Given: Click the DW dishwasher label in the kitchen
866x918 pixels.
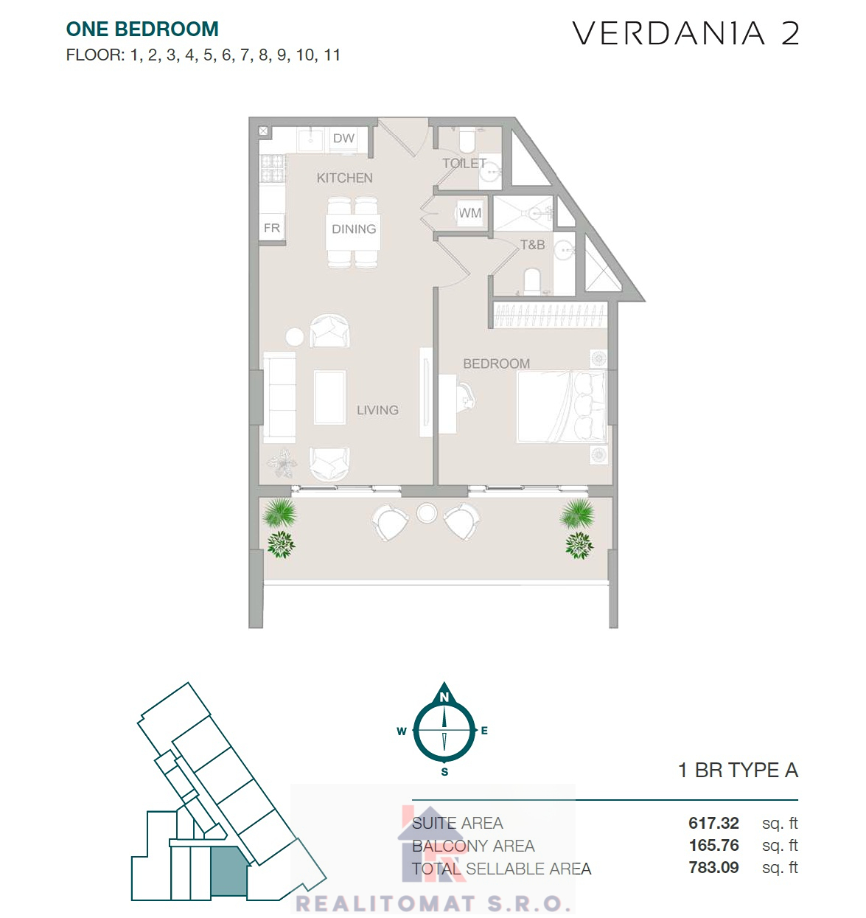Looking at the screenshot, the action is [343, 138].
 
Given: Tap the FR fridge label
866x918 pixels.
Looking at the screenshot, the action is [272, 228].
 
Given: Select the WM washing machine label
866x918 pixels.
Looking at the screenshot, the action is [469, 213].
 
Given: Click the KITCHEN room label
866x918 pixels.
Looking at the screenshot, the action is [344, 178].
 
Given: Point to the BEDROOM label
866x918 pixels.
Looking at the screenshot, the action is [496, 364].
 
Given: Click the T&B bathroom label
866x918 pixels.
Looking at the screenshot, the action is [532, 245].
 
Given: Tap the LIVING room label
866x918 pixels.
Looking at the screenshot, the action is [377, 410].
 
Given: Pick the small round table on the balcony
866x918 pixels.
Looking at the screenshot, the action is [427, 513].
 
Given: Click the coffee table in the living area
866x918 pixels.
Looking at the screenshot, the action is [329, 397].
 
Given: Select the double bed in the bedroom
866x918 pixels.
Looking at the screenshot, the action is [562, 406].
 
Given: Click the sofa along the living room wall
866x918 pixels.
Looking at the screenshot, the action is [279, 397].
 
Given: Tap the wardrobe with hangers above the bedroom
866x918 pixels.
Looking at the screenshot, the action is [550, 316].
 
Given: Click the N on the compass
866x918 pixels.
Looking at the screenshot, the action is [444, 697].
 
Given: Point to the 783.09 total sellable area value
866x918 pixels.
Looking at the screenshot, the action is [713, 867].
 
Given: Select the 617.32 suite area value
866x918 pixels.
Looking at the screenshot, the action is [713, 823].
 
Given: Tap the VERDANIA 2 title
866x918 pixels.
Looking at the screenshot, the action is [685, 33].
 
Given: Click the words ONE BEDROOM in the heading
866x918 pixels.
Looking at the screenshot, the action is [142, 29].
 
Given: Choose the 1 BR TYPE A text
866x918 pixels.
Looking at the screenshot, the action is [738, 770].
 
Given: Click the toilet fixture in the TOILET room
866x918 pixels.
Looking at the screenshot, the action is [467, 141].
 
